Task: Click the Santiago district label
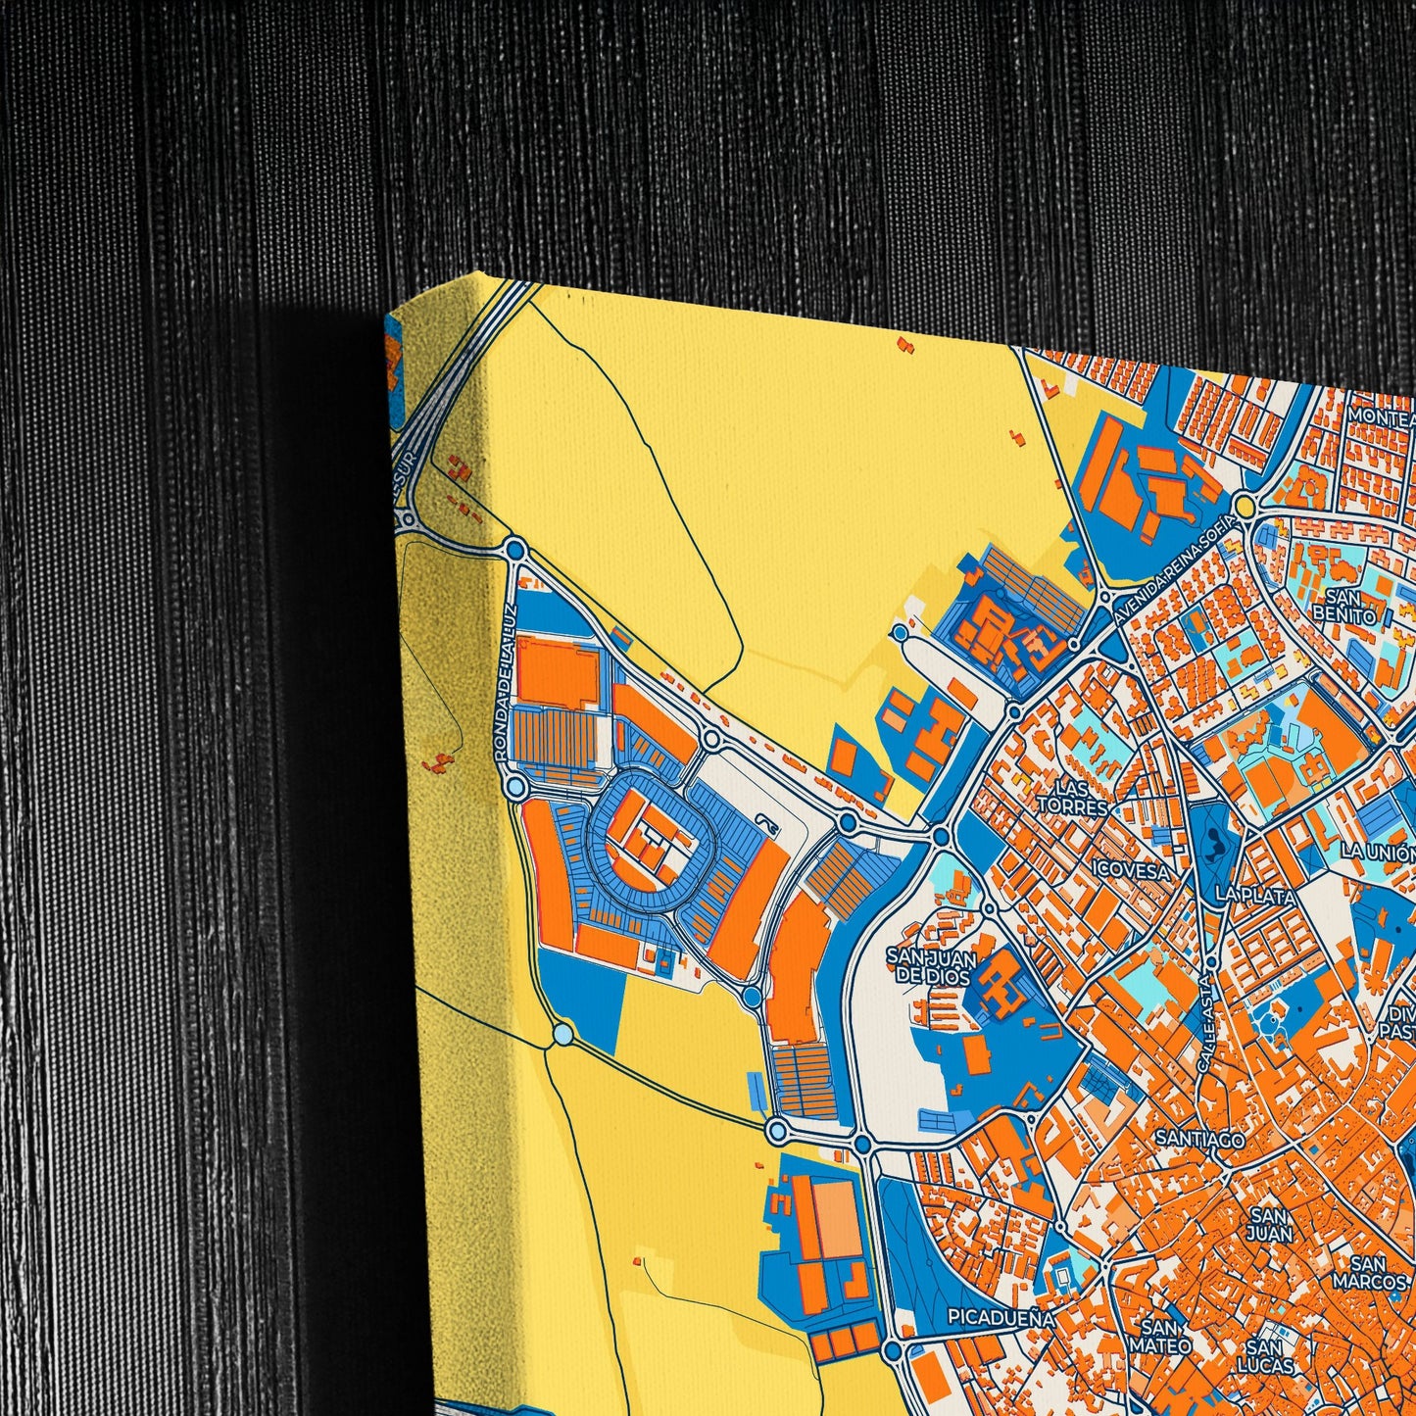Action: (x=1200, y=1139)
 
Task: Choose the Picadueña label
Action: (x=1001, y=1318)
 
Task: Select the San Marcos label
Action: (x=1369, y=1272)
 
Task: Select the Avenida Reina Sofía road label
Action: (x=1175, y=569)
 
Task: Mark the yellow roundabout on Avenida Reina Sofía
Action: (x=1245, y=506)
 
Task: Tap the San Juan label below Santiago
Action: (x=1271, y=1224)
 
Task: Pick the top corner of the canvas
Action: (x=477, y=273)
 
